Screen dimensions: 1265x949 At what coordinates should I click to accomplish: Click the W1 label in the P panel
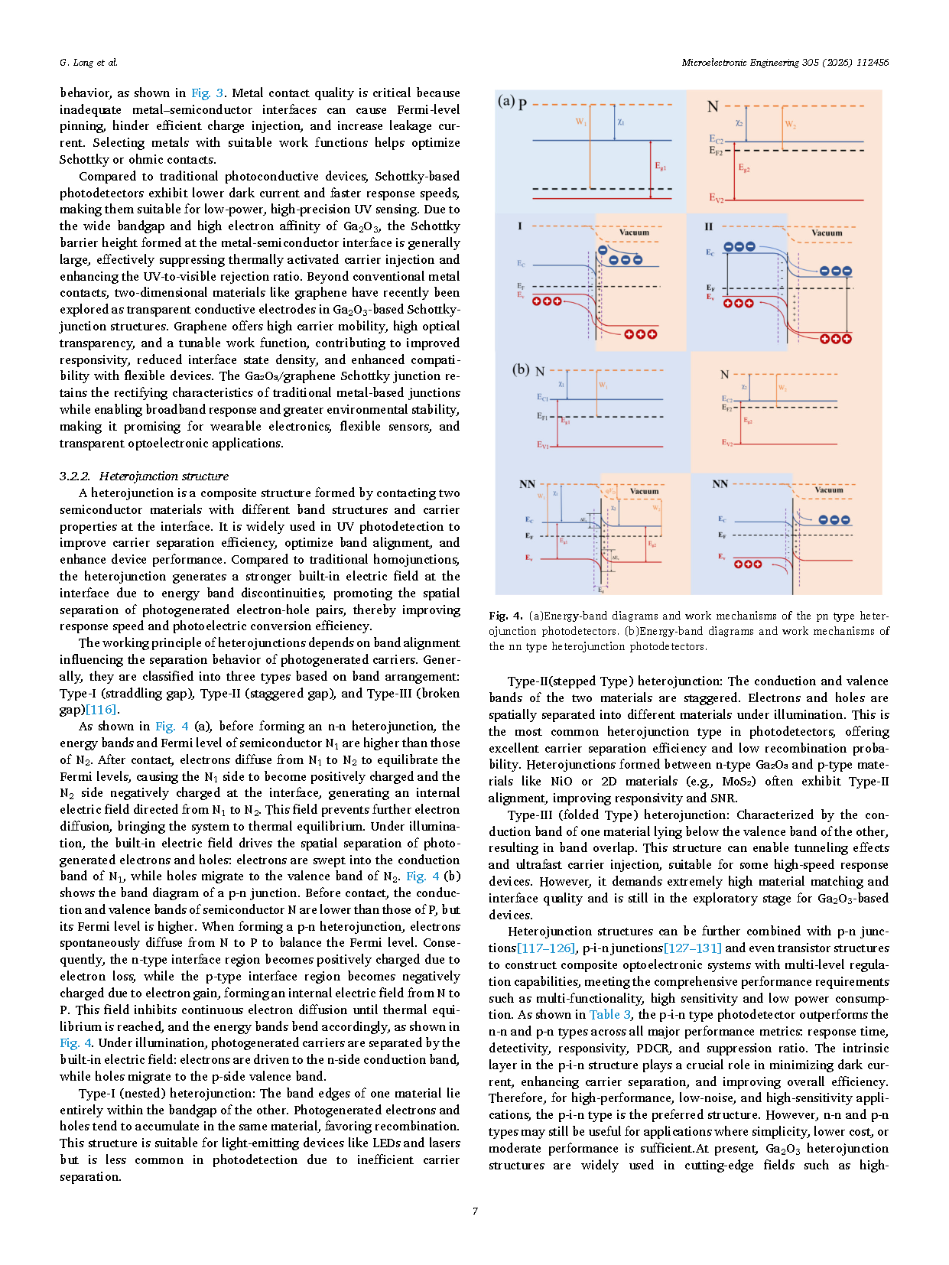(581, 122)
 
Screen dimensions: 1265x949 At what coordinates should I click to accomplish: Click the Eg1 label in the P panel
(660, 167)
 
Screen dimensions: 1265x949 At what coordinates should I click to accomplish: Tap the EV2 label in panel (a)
(716, 198)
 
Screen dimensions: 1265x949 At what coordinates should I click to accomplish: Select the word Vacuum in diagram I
(634, 233)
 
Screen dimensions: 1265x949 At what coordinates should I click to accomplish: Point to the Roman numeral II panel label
(708, 227)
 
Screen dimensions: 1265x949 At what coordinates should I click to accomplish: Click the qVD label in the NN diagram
(610, 492)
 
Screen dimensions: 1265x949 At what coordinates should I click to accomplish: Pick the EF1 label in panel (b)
(542, 417)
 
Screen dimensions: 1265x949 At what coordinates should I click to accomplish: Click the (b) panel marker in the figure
(521, 369)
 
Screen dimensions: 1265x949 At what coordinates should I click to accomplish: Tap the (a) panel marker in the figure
(505, 101)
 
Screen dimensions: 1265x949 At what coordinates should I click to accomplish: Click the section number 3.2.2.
(75, 476)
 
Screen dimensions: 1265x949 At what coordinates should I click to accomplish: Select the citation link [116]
(101, 710)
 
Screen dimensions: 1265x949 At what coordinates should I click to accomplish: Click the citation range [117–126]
(546, 948)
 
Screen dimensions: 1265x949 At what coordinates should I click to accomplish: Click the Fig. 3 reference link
(208, 93)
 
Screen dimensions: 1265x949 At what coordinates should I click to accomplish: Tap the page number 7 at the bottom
(475, 1211)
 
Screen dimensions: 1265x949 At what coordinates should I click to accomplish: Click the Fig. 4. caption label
(505, 616)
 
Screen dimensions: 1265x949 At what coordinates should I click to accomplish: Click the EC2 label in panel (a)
(716, 139)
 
